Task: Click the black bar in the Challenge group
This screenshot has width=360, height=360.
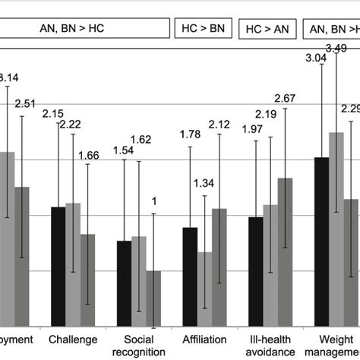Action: tap(57, 266)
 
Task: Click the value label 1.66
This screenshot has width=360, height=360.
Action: tap(89, 156)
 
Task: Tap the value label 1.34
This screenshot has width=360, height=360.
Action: tap(204, 182)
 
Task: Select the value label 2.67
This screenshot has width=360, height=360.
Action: tap(285, 98)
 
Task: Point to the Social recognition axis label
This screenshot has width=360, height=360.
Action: tap(139, 346)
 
